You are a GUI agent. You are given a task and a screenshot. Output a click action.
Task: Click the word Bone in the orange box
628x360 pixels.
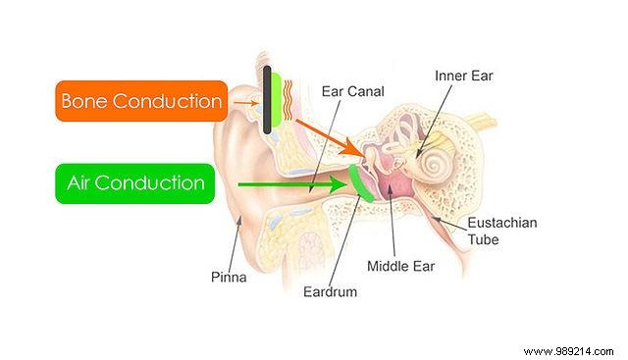90,100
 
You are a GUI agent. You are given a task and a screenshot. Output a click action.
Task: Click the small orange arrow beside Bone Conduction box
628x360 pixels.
243,100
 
